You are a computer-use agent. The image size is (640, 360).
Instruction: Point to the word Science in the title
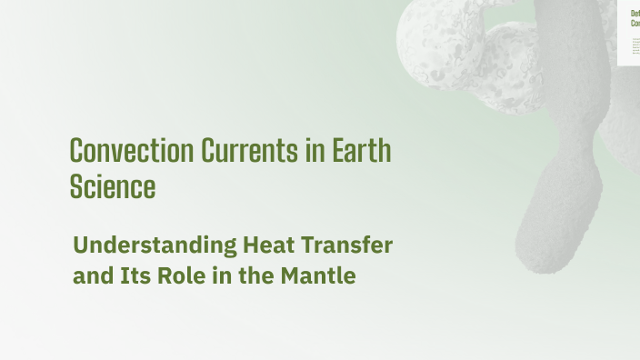pos(113,186)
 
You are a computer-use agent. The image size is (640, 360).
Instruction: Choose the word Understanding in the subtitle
pos(155,245)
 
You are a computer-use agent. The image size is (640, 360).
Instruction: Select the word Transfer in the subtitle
pos(349,245)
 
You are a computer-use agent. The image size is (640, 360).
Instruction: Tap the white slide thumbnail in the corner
pos(629,33)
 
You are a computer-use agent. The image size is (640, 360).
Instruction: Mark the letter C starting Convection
pos(77,151)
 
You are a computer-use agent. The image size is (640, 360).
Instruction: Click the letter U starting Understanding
pos(80,245)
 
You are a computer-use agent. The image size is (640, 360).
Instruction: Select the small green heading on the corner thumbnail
pos(635,19)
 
